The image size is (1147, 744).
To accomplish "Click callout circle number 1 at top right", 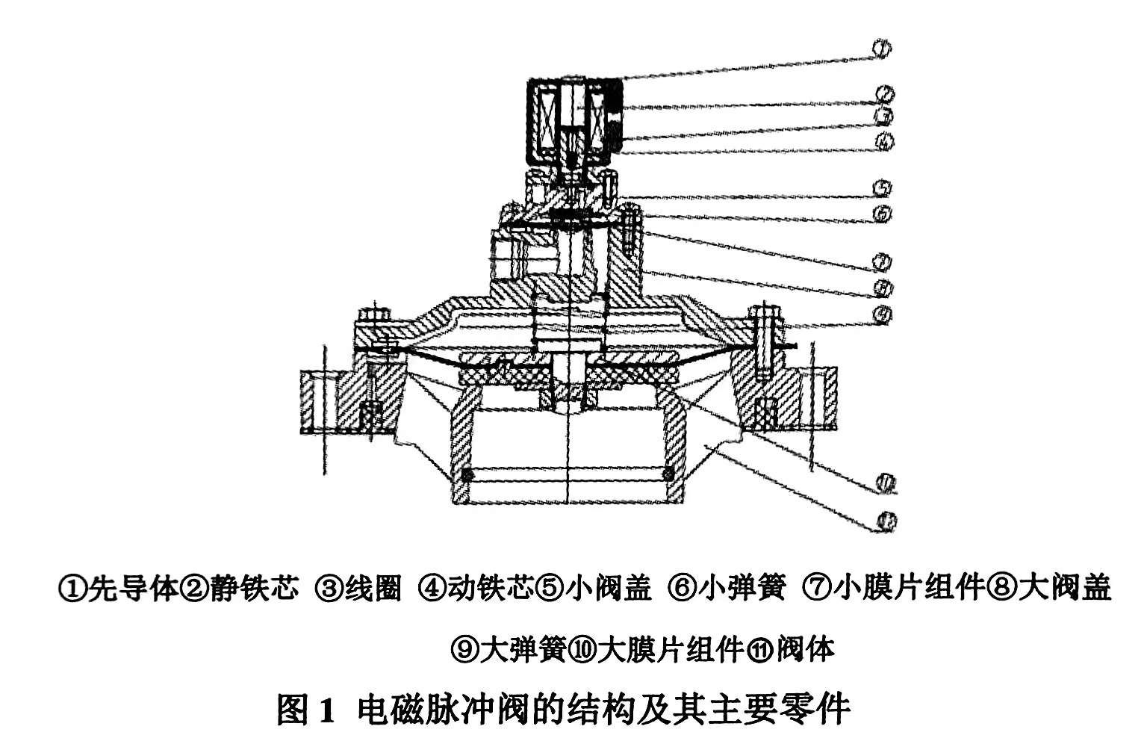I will [x=881, y=49].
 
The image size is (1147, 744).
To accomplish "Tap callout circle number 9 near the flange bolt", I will [x=883, y=314].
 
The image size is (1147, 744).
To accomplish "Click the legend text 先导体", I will [x=133, y=588].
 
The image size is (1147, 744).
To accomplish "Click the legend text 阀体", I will [x=806, y=648].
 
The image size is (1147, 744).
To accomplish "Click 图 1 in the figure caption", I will [x=303, y=708].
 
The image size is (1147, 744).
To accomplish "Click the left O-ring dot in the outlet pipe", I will [x=467, y=474].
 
